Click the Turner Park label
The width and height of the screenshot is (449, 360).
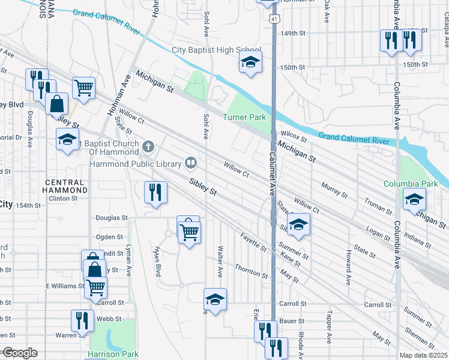(x=244, y=118)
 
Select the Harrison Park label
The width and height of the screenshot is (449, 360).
(x=113, y=354)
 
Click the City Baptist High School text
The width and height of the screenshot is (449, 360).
(x=216, y=50)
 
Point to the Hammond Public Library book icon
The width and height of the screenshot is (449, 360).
(x=191, y=162)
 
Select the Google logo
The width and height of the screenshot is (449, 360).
(x=20, y=353)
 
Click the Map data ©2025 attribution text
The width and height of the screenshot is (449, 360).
(x=424, y=355)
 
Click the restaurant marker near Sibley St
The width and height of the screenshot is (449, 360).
(x=155, y=193)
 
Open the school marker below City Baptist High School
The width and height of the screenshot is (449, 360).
(x=251, y=61)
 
